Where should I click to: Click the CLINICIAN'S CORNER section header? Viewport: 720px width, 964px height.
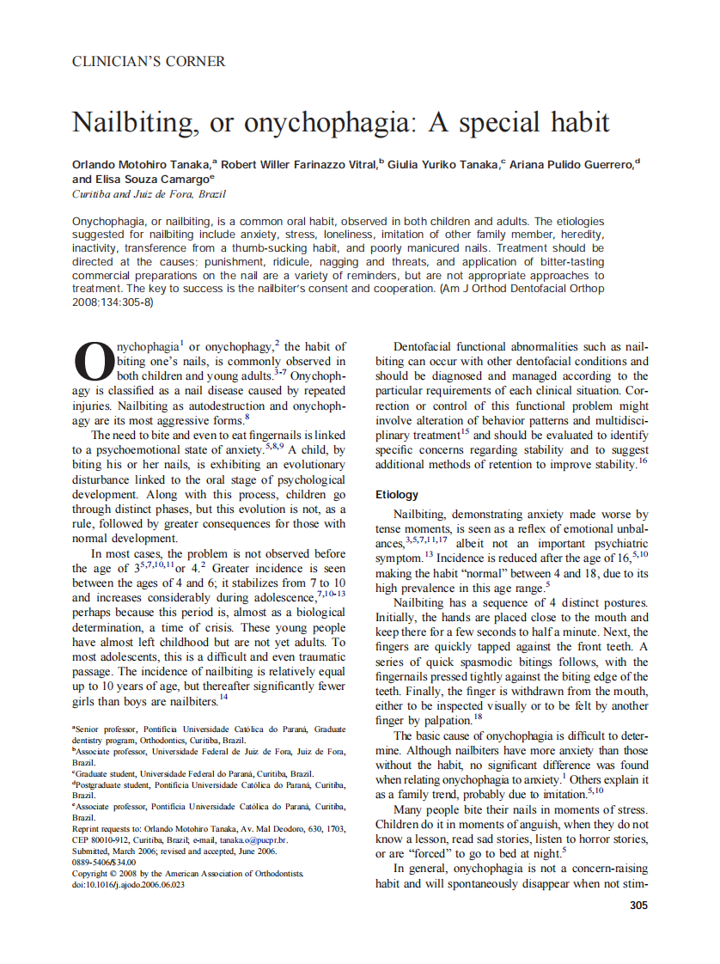click(149, 62)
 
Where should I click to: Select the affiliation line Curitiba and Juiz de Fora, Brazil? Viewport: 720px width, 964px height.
click(137, 195)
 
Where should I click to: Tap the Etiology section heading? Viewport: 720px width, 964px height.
click(397, 495)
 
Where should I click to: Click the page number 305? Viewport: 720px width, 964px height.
click(638, 905)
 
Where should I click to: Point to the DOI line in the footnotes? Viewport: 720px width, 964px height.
click(128, 884)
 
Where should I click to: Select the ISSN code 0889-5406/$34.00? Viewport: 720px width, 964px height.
click(104, 862)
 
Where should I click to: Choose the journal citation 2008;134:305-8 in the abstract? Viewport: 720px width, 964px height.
click(112, 302)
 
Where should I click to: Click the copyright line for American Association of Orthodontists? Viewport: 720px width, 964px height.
click(186, 873)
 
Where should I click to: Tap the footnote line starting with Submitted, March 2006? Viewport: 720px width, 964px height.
click(174, 851)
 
